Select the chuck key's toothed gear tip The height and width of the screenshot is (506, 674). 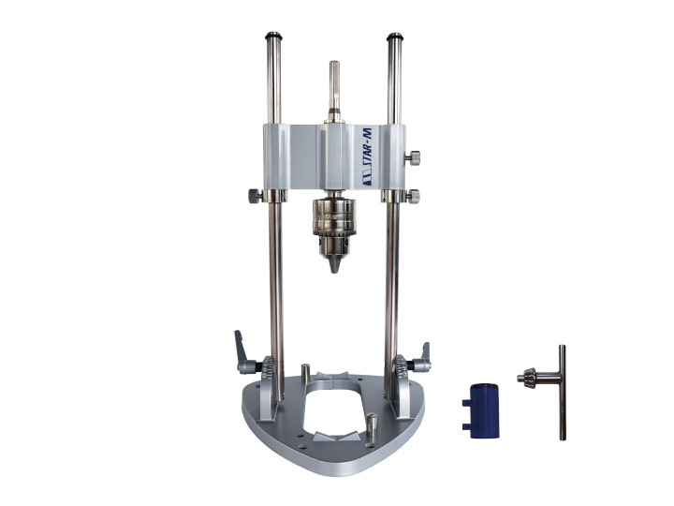point(526,377)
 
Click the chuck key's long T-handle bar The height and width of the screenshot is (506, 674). point(563,393)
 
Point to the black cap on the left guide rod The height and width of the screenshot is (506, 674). point(273,36)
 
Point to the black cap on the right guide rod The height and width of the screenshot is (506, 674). point(395,37)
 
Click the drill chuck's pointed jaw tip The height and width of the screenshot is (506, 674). point(335,264)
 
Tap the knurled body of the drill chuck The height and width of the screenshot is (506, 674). point(334,217)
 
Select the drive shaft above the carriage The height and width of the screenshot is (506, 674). point(334,92)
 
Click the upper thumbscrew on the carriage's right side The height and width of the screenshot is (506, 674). point(413,158)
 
